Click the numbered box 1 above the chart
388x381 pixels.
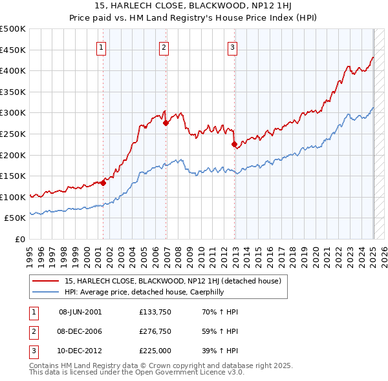click(x=102, y=46)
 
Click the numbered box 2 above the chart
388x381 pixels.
click(x=164, y=46)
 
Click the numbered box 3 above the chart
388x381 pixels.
click(x=232, y=46)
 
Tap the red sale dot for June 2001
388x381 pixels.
click(x=103, y=183)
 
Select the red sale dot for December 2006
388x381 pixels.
click(x=166, y=123)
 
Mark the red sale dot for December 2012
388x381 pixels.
click(x=234, y=145)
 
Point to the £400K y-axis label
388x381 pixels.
click(x=14, y=70)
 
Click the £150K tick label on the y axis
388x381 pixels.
click(x=14, y=176)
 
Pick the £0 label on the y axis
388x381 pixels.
click(x=19, y=239)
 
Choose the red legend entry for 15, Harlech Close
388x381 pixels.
click(x=172, y=281)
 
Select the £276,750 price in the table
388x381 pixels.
click(x=154, y=331)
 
